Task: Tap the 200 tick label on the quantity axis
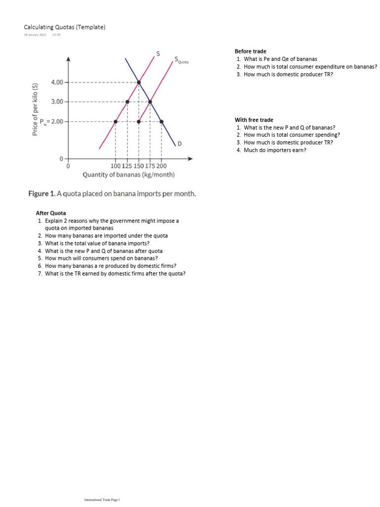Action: point(161,166)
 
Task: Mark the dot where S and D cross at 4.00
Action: point(139,82)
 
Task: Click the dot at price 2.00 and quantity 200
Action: point(161,121)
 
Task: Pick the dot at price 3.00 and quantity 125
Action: point(127,101)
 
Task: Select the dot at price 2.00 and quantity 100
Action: point(116,121)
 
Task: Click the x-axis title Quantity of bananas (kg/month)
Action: point(128,175)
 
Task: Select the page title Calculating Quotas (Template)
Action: point(65,27)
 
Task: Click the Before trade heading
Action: point(250,51)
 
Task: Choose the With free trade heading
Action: point(254,120)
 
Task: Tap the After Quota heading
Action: point(51,213)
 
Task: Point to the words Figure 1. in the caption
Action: point(42,194)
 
